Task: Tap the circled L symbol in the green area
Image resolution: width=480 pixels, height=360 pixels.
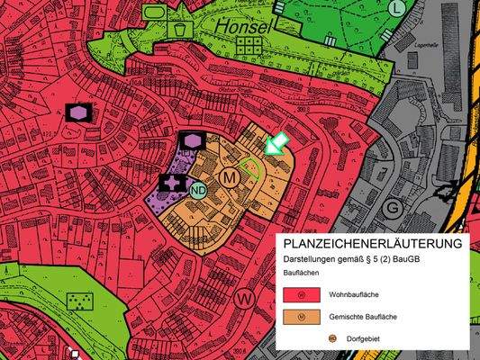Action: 398,8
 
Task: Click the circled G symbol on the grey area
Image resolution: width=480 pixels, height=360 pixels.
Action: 392,206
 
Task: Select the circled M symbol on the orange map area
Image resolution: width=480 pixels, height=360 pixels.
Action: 230,177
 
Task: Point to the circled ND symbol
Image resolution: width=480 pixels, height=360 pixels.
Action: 199,189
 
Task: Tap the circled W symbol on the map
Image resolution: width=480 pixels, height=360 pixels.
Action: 243,296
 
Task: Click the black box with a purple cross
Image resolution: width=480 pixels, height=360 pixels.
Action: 172,183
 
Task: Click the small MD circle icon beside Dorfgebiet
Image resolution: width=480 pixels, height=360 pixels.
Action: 307,339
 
